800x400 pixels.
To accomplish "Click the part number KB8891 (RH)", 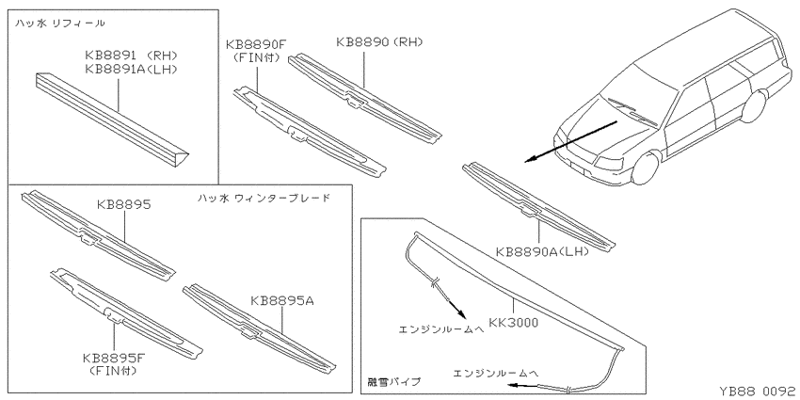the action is click(131, 56).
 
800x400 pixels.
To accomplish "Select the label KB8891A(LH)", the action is click(131, 70).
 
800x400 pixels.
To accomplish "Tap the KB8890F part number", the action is click(256, 44).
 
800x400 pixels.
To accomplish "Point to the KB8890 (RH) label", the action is click(379, 41).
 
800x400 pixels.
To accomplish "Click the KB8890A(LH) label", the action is click(542, 251).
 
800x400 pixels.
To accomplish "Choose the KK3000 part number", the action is click(513, 323).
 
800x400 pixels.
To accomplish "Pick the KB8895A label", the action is click(282, 301).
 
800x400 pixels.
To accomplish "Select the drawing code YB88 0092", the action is click(757, 391).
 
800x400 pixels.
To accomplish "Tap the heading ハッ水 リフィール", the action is click(59, 23).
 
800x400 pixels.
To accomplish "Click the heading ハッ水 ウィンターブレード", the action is click(264, 198).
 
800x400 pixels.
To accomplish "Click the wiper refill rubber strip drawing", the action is click(112, 120).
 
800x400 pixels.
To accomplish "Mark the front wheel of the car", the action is click(646, 168).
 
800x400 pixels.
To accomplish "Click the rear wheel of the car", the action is click(755, 106).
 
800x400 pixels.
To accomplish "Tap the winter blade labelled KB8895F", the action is click(126, 312).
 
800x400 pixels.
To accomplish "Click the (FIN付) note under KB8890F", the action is click(256, 57).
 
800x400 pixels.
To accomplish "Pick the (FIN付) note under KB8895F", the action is click(113, 371).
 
